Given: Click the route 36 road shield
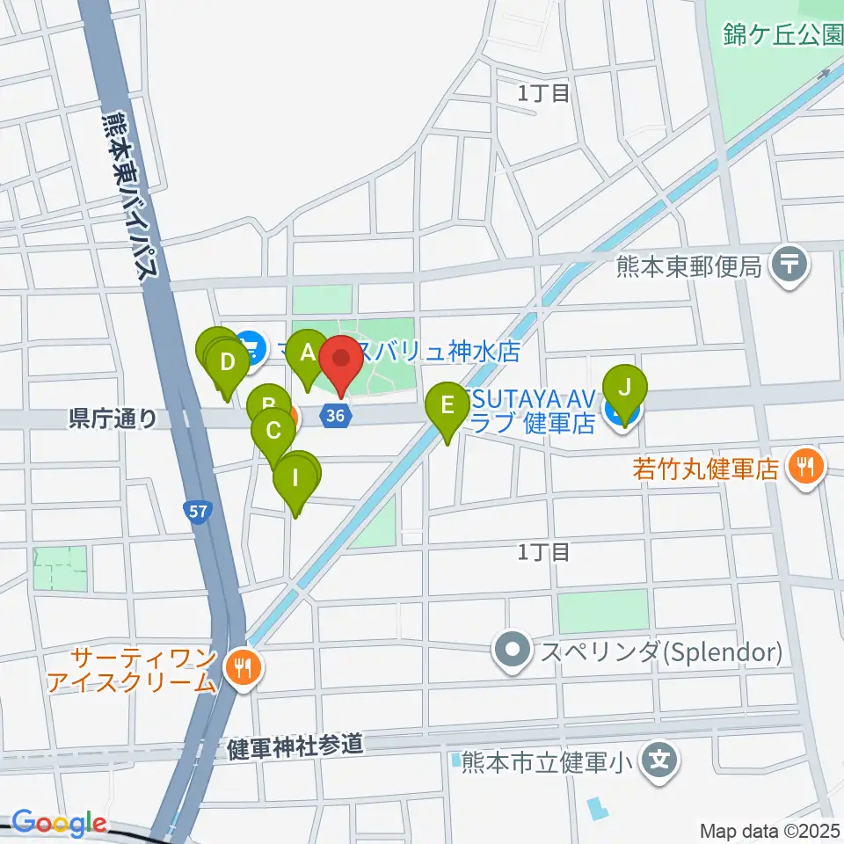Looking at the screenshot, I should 333,416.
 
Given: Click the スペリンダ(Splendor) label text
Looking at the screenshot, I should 661,653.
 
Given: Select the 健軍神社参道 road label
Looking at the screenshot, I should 294,747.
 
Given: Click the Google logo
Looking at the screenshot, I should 58,823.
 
